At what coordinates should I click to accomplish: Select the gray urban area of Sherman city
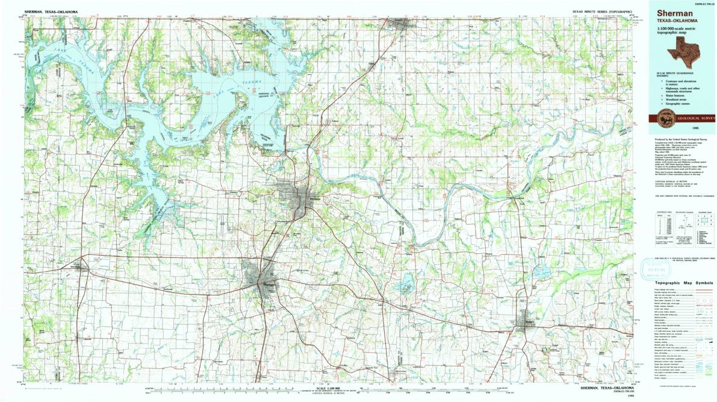[259, 279]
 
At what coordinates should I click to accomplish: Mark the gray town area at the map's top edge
[401, 23]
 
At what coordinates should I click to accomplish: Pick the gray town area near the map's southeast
[522, 321]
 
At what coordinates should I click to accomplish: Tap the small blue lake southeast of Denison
[405, 281]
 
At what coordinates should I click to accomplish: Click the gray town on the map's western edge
[78, 265]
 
